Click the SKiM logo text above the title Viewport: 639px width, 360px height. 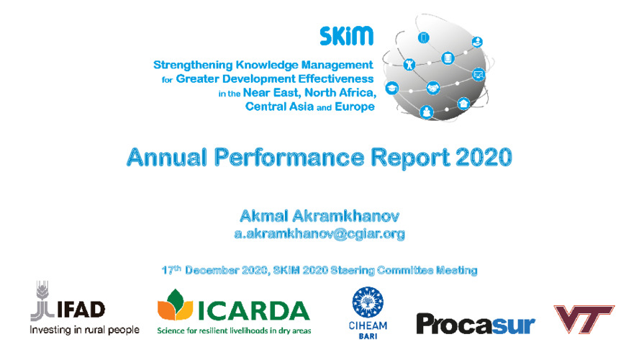pos(346,36)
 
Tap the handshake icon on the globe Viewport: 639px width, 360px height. pos(432,88)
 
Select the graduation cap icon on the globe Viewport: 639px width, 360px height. pos(391,88)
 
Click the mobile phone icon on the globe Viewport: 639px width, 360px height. pos(423,38)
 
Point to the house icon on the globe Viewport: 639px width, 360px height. pos(463,103)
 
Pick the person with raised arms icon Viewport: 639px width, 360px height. pos(409,64)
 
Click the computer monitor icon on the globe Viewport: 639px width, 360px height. pos(479,75)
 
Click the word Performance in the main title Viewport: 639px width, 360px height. pos(289,158)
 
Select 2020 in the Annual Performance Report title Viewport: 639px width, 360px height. pos(484,157)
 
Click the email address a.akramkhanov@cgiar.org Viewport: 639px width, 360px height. pos(319,233)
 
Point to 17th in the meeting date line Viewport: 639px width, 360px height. pos(171,270)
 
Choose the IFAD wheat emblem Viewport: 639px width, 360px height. pos(42,301)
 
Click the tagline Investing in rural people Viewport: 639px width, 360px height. pos(84,330)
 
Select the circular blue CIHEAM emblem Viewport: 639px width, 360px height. pos(368,302)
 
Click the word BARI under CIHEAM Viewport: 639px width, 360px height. pos(368,336)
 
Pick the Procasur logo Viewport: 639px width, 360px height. pos(476,324)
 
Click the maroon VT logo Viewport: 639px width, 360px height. pos(584,319)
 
